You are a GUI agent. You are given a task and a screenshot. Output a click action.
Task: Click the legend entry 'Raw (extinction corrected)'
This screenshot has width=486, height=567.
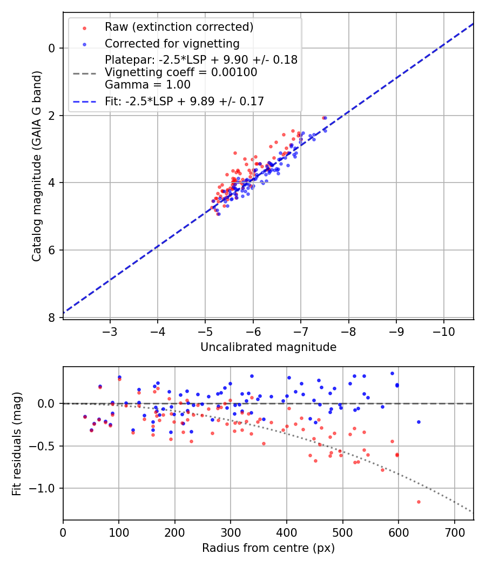[x=179, y=27]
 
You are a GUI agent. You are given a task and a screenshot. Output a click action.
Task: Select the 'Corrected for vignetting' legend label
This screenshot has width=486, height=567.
[x=172, y=43]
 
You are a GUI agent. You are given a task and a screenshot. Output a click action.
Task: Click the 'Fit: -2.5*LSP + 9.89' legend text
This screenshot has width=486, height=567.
[x=184, y=102]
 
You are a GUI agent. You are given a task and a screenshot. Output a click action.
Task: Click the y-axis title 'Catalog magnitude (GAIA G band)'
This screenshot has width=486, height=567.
[x=36, y=165]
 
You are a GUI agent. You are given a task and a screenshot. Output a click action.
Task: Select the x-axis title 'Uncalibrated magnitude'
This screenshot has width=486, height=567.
[x=268, y=347]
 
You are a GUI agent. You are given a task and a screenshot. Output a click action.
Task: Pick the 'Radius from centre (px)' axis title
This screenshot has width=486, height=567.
[x=268, y=548]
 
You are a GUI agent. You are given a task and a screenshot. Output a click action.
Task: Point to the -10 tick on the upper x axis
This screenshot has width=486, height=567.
[x=443, y=330]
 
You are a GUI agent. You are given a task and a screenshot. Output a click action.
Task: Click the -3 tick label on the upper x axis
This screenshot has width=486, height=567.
[x=110, y=330]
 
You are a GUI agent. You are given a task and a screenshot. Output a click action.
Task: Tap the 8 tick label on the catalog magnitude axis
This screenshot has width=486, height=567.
[x=52, y=318]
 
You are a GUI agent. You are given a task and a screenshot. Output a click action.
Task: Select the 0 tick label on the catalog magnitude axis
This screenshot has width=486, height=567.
[x=52, y=48]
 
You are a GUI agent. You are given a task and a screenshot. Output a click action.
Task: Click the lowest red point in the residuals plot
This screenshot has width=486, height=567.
[x=418, y=502]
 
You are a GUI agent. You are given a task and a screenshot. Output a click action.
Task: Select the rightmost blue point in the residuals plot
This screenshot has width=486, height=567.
[x=418, y=422]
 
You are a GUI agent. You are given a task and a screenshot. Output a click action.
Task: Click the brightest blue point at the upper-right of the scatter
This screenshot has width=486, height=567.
[x=325, y=118]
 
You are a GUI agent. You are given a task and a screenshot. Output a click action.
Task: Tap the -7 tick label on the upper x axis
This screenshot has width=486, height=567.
[x=301, y=330]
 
